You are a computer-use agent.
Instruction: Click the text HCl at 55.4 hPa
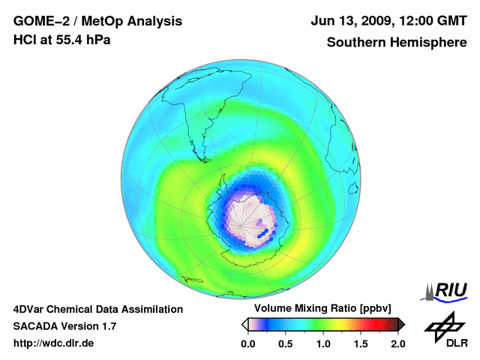coord(61,40)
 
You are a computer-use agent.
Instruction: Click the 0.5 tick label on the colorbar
coord(285,343)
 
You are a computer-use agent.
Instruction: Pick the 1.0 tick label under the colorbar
coord(322,343)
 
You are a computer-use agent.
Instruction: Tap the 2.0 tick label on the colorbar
coord(397,343)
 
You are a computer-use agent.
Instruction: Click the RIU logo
coord(447,290)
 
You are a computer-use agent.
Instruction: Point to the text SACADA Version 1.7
coord(64,326)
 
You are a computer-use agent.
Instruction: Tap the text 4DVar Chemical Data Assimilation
coord(97,309)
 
